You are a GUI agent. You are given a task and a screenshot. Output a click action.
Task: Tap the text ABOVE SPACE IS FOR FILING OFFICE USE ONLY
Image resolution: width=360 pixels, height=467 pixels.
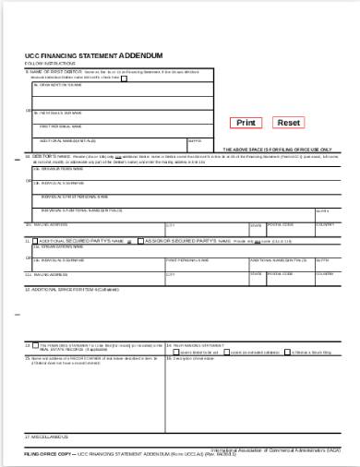click(277, 149)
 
